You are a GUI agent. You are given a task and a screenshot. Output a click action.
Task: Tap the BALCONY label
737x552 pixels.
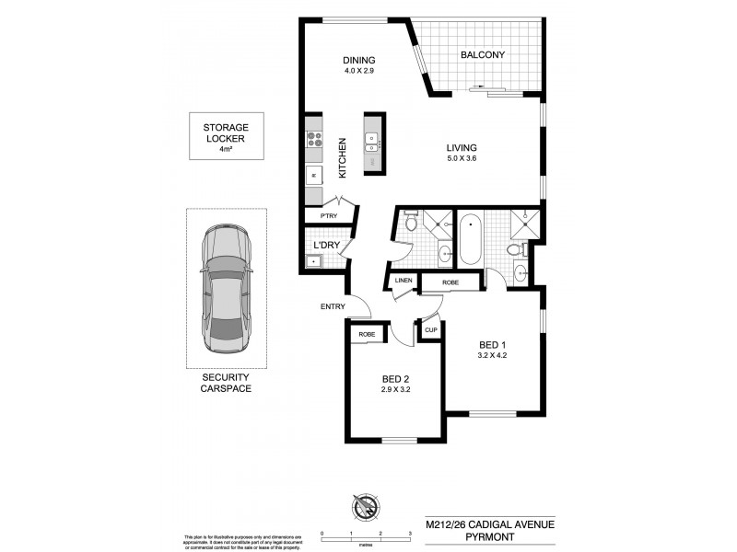pyautogui.click(x=483, y=55)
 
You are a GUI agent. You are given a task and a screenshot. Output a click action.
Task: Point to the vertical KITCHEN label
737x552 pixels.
pyautogui.click(x=342, y=157)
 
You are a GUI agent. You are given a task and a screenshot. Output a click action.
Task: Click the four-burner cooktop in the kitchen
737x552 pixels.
pyautogui.click(x=313, y=141)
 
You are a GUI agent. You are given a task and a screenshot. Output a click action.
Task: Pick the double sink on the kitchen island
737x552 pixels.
pyautogui.click(x=373, y=142)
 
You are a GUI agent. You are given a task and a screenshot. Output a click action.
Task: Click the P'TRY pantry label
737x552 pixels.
pyautogui.click(x=327, y=216)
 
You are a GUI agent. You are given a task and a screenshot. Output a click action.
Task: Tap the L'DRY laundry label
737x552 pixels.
pyautogui.click(x=326, y=246)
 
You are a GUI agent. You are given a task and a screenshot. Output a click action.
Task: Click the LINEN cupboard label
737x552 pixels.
pyautogui.click(x=403, y=282)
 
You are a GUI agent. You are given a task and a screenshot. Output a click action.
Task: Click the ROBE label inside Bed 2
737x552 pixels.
pyautogui.click(x=366, y=335)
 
